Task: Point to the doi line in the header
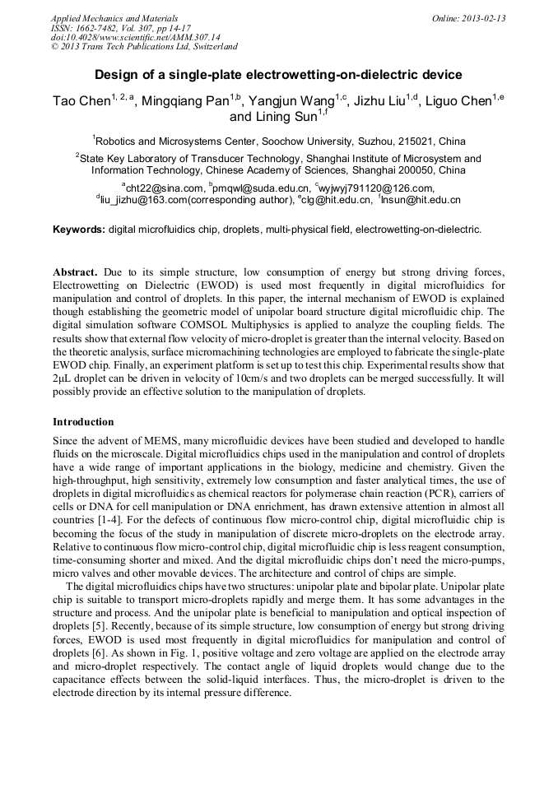tap(136, 37)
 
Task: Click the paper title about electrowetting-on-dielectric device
tap(278, 75)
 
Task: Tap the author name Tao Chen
tap(81, 101)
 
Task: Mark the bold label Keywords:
tap(80, 230)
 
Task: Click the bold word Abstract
tap(77, 272)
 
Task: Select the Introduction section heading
tap(83, 421)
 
